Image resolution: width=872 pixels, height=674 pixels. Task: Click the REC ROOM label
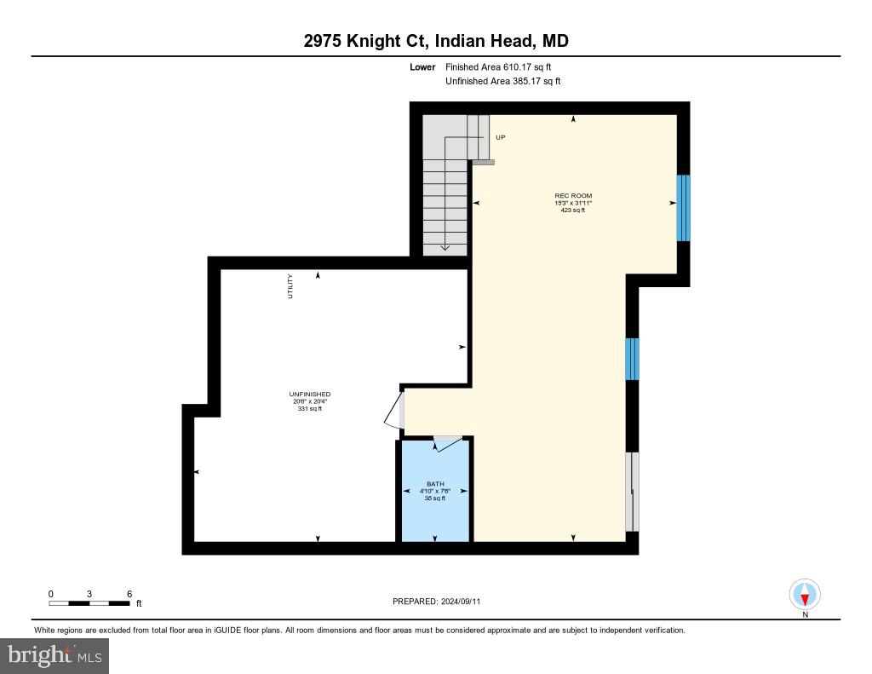point(573,196)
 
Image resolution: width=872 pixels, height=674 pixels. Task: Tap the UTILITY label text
point(290,285)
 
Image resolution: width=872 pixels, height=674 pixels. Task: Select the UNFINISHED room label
point(309,395)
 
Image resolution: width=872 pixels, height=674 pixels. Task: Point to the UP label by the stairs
point(500,137)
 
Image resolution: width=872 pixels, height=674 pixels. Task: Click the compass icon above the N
point(805,593)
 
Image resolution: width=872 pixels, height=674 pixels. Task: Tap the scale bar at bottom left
point(89,603)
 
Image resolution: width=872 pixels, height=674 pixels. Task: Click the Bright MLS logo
point(54,655)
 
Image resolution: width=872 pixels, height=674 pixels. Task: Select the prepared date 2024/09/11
point(460,602)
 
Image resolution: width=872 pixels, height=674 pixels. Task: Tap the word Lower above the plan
point(422,66)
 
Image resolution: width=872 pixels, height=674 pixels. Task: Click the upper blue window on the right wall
point(683,208)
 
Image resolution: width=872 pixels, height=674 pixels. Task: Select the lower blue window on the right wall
point(632,359)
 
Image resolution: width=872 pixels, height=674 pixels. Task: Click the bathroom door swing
point(447,444)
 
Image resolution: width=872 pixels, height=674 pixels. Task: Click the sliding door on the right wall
point(632,492)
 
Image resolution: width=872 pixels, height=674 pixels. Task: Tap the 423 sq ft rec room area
point(573,210)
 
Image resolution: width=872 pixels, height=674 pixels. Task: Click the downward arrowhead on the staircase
point(445,247)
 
